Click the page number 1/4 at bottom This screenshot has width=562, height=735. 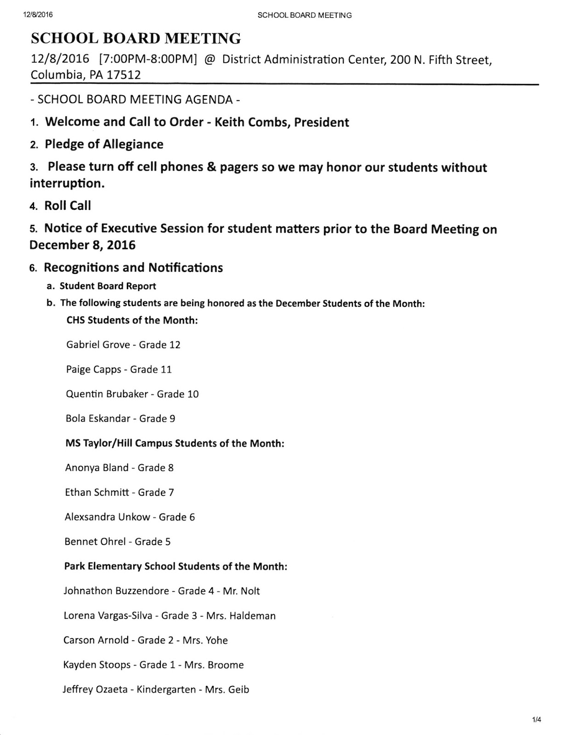click(x=537, y=720)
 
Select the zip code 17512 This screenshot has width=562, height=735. click(x=124, y=75)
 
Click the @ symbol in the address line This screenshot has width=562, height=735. click(x=209, y=60)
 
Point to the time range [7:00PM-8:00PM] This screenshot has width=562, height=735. click(x=148, y=60)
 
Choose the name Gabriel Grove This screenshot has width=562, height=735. click(x=98, y=345)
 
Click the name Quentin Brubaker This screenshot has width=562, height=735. click(x=107, y=394)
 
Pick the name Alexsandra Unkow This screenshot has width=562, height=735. click(x=108, y=517)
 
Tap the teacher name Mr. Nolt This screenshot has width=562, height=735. click(x=241, y=591)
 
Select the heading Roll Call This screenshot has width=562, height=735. click(x=68, y=206)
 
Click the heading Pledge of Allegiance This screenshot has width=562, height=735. click(x=104, y=144)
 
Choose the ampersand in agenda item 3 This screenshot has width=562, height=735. click(x=211, y=167)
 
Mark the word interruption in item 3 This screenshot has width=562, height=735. click(x=67, y=183)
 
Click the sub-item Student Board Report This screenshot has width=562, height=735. click(x=108, y=286)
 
